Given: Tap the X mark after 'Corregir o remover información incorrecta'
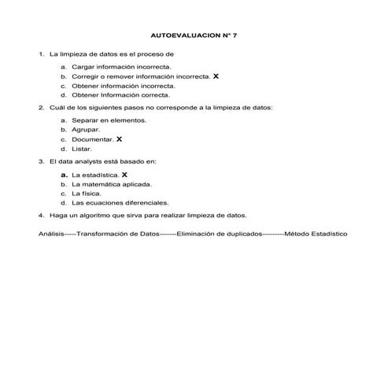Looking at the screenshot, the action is click(216, 77).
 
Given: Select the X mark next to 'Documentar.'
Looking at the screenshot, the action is click(119, 139).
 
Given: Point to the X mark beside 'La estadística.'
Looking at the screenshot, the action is click(124, 174).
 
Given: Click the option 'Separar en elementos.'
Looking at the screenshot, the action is click(109, 120).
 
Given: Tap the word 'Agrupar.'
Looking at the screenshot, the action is click(86, 130).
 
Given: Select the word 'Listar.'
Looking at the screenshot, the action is click(82, 148).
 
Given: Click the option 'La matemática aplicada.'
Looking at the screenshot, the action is click(112, 183).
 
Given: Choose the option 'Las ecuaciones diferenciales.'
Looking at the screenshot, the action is click(120, 202).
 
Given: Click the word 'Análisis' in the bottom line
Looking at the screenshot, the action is click(51, 234).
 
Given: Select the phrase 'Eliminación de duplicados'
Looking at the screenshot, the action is click(220, 234).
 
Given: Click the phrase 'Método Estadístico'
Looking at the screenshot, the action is click(316, 234).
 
